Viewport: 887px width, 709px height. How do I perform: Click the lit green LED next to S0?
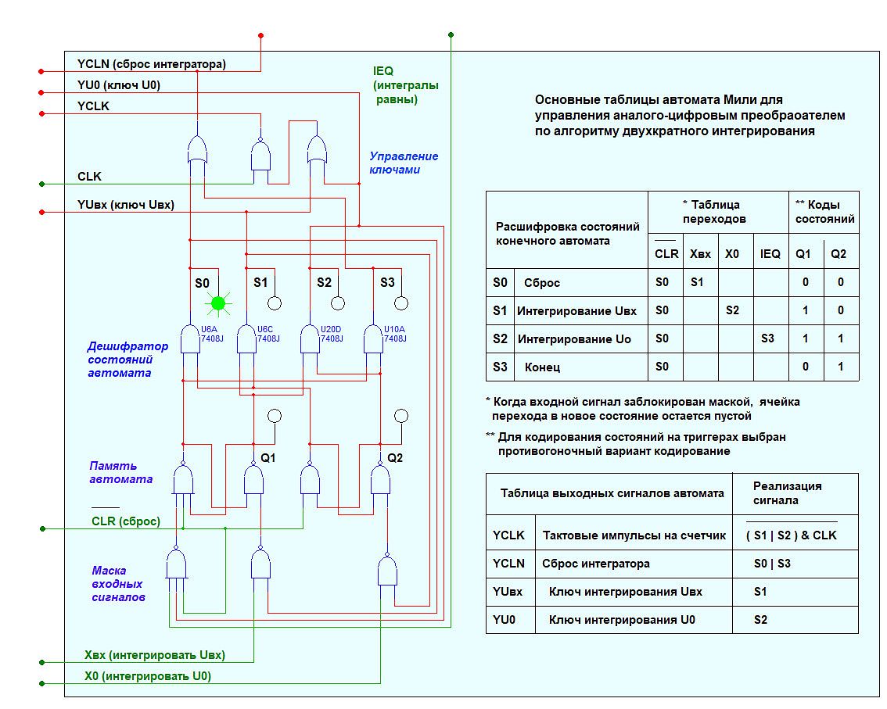pos(218,302)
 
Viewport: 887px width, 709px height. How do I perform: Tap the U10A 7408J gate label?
pos(394,334)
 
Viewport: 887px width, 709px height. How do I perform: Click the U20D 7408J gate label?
pos(332,334)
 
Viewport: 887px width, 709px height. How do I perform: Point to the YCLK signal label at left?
pos(93,106)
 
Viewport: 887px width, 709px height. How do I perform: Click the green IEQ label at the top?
pos(383,71)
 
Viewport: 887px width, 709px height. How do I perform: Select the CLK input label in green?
pos(89,177)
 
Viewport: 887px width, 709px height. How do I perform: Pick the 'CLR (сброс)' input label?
pos(125,521)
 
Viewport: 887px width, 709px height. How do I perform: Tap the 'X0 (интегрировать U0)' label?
pos(147,675)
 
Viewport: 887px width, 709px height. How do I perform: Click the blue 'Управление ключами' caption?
pos(404,163)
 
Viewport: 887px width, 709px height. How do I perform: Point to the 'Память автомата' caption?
pos(120,472)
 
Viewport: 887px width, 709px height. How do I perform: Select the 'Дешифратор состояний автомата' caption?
pos(127,360)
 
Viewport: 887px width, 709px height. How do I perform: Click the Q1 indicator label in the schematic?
pos(268,457)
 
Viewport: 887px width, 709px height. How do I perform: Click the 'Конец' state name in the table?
pos(542,367)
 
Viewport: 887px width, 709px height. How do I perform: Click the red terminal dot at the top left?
pos(260,35)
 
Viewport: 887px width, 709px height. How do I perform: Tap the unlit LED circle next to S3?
pos(400,303)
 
